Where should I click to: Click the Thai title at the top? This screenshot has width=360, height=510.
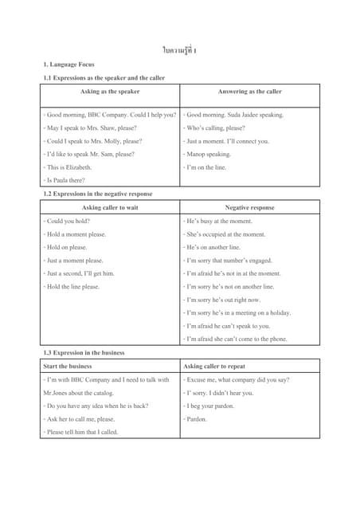pyautogui.click(x=179, y=51)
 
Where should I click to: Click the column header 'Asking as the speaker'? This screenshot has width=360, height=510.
pyautogui.click(x=110, y=92)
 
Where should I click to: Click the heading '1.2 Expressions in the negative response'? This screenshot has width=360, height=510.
pyautogui.click(x=97, y=194)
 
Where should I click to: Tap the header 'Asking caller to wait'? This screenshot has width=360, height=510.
pyautogui.click(x=110, y=207)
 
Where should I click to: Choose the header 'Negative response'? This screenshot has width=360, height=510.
pyautogui.click(x=250, y=207)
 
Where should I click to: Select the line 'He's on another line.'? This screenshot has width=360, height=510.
pyautogui.click(x=214, y=247)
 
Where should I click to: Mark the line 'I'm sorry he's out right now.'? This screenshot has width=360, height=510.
pyautogui.click(x=222, y=300)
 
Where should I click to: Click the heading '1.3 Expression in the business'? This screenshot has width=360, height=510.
pyautogui.click(x=84, y=352)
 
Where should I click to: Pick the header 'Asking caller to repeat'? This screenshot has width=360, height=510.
pyautogui.click(x=216, y=366)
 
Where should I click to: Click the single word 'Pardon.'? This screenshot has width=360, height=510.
pyautogui.click(x=196, y=418)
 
